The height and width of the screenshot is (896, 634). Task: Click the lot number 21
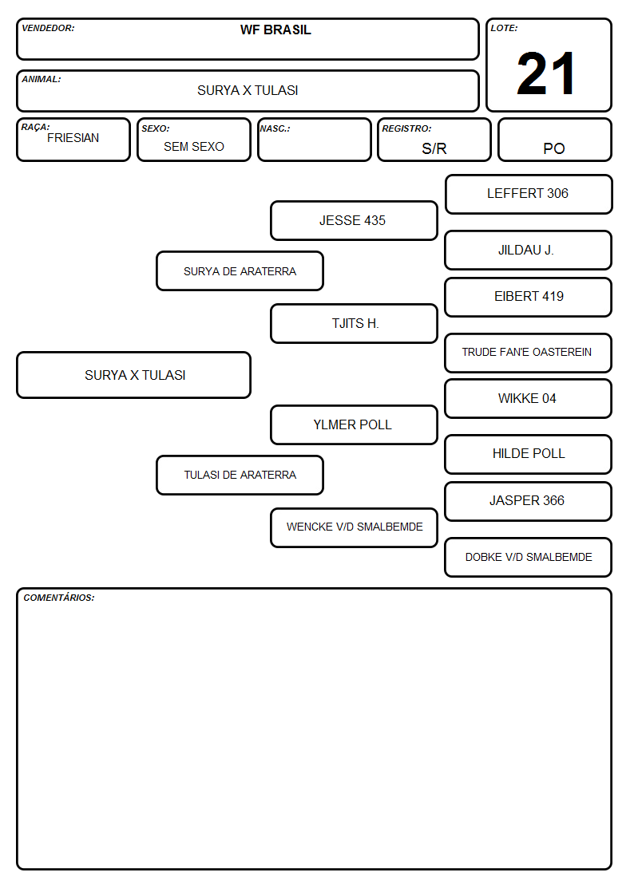(546, 73)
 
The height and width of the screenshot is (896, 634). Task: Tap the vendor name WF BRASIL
(275, 30)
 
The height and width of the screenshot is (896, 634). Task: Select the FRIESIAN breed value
(73, 138)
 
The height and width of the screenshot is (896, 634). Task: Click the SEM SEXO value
(194, 147)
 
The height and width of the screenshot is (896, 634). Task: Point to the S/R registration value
(434, 148)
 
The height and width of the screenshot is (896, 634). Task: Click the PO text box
(554, 140)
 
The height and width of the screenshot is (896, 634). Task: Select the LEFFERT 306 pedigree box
(529, 195)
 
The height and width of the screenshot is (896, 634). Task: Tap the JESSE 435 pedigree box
(354, 220)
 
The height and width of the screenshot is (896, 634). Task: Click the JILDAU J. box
(529, 251)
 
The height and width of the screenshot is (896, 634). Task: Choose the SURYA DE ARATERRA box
(240, 270)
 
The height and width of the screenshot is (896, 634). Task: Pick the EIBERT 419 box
(529, 297)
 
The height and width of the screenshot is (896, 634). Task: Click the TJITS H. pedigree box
(354, 323)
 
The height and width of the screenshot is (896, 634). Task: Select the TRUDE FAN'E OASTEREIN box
(529, 353)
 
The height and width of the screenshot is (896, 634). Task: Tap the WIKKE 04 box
(529, 399)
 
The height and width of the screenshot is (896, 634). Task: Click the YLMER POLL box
(354, 425)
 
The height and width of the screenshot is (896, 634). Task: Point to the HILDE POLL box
(529, 455)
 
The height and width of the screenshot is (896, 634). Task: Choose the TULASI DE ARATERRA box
(240, 476)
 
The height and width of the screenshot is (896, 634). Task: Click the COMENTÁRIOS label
(59, 598)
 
